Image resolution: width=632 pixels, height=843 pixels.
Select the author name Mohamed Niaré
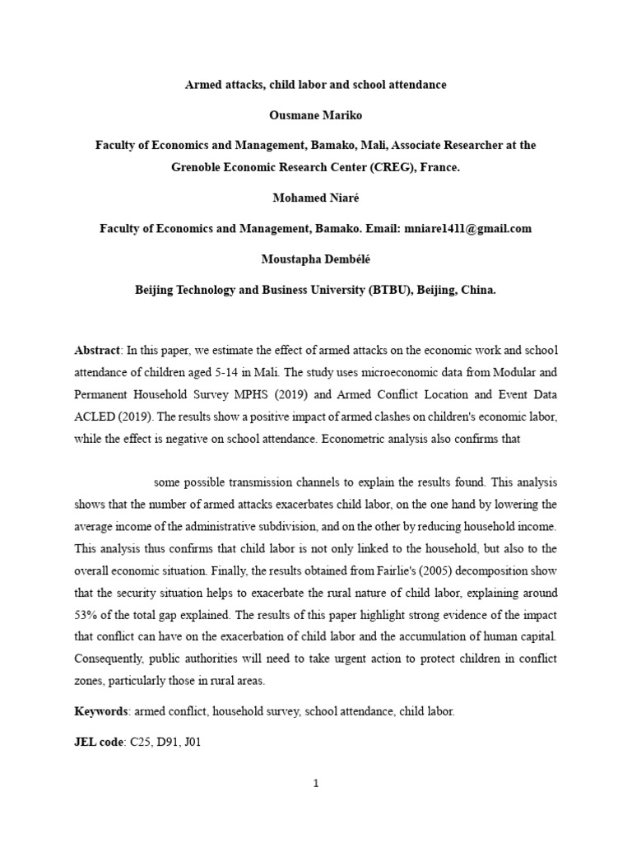(x=316, y=199)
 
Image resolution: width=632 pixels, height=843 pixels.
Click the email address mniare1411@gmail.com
(x=467, y=228)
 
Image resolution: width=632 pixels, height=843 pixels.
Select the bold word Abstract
(x=97, y=350)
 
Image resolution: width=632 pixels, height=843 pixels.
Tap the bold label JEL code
(x=99, y=742)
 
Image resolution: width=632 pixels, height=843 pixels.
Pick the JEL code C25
(x=142, y=742)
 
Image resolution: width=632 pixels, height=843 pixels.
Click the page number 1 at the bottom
(x=316, y=785)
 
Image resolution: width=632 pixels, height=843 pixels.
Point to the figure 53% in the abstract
(x=86, y=615)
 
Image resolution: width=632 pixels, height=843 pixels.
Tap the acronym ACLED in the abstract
(x=94, y=417)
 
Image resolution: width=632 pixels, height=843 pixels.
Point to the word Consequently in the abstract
(x=110, y=659)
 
